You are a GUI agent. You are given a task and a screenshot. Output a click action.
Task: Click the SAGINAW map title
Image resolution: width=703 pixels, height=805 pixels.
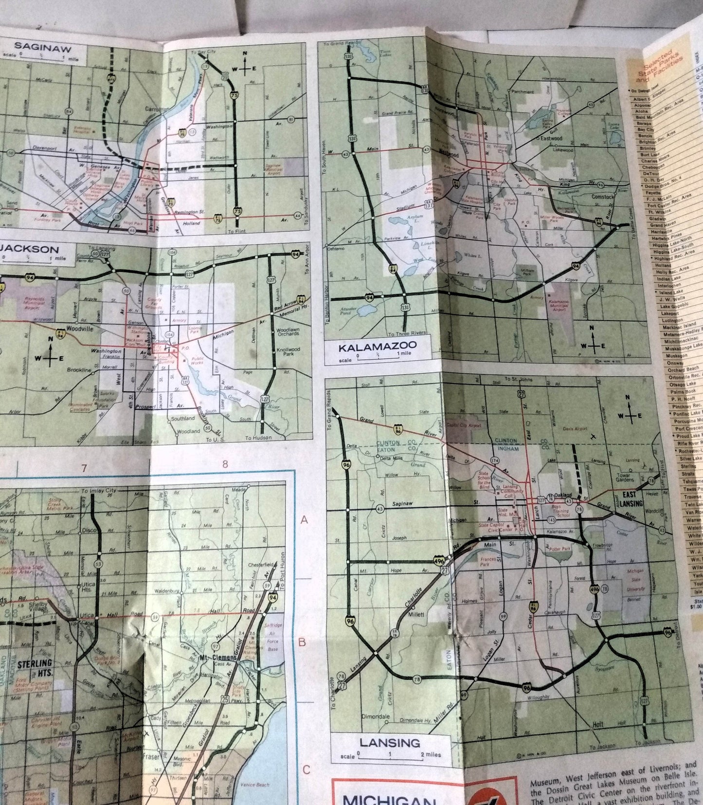[42, 47]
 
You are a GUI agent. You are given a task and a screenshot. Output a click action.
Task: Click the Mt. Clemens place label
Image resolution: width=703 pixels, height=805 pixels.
[218, 658]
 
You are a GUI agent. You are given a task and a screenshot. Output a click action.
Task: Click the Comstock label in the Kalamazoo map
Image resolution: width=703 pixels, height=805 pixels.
[603, 197]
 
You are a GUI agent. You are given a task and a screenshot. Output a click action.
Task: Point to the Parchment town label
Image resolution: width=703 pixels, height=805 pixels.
[522, 91]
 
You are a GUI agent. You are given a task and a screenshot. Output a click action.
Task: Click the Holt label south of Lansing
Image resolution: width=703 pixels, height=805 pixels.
[598, 724]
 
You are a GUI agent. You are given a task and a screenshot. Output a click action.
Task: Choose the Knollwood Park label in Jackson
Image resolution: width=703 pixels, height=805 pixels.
[288, 351]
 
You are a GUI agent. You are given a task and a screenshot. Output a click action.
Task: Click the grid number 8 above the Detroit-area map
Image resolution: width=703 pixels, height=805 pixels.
[225, 464]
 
